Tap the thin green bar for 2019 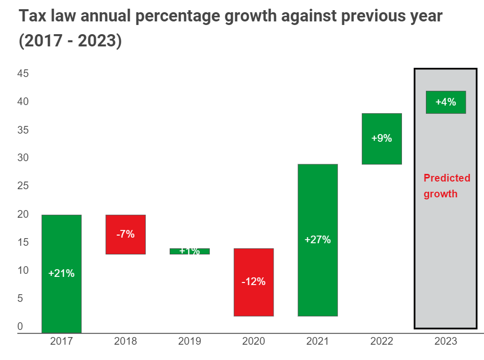(190, 251)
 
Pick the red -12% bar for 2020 (254, 301)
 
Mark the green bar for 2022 (382, 153)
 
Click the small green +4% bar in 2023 (446, 102)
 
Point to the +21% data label (61, 273)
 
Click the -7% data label (125, 234)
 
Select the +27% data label (317, 240)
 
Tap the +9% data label (382, 138)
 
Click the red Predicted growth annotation (447, 186)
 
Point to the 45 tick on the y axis (23, 74)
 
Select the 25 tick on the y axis (23, 186)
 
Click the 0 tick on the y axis (20, 326)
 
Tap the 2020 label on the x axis (254, 341)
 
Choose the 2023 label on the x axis (446, 341)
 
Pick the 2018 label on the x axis (125, 341)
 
